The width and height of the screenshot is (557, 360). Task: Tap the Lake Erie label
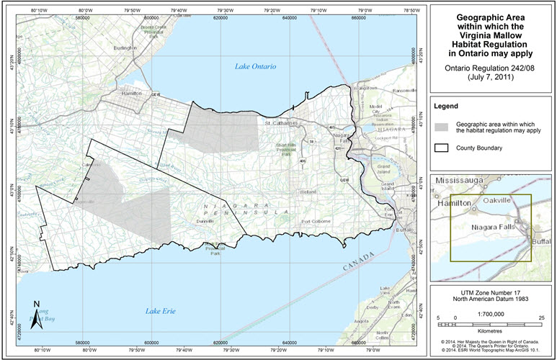tap(160, 311)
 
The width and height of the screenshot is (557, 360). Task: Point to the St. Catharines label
tap(281, 123)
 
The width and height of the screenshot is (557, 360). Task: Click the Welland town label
tap(308, 192)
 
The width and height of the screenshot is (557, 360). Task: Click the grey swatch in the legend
tap(442, 127)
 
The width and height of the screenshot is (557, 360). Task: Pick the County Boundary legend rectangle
tap(442, 148)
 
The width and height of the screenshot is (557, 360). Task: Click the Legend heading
tap(447, 106)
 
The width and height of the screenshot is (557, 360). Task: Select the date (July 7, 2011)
tap(491, 76)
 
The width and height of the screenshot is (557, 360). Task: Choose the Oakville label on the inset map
tap(497, 200)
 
